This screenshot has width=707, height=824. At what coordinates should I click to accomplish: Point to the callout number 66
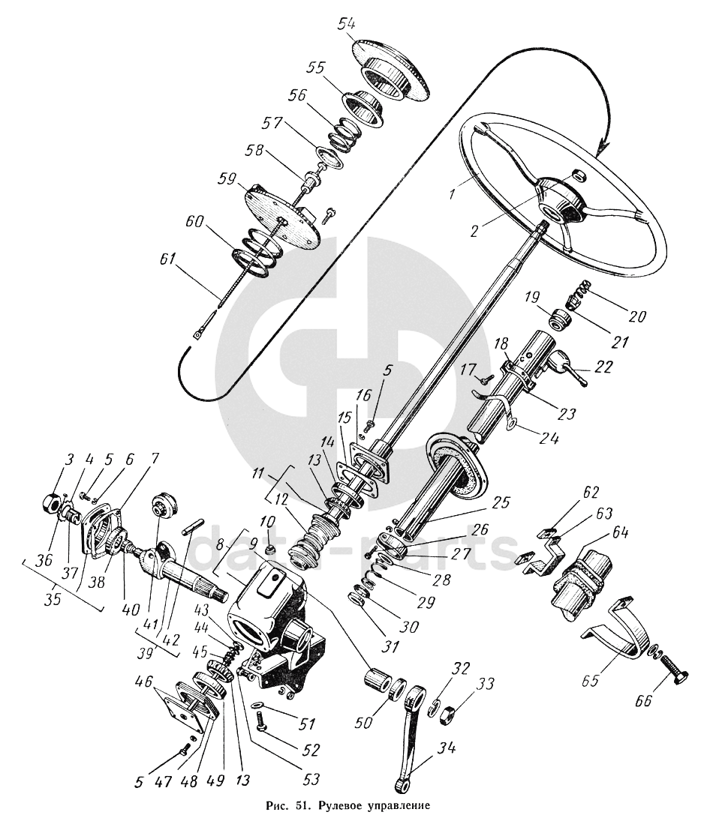click(x=643, y=700)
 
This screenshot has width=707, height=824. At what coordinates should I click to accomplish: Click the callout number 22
click(x=603, y=367)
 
